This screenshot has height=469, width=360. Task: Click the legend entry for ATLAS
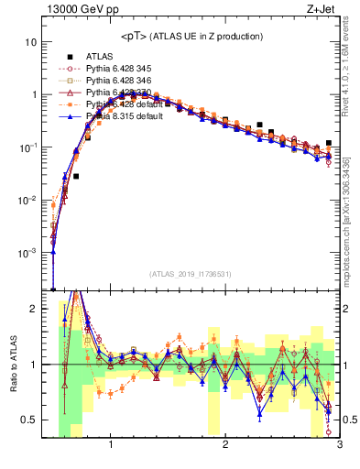pyautogui.click(x=100, y=56)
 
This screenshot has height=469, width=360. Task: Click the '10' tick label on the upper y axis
pyautogui.click(x=31, y=42)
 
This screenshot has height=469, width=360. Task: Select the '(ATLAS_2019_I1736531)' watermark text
pyautogui.click(x=191, y=274)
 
